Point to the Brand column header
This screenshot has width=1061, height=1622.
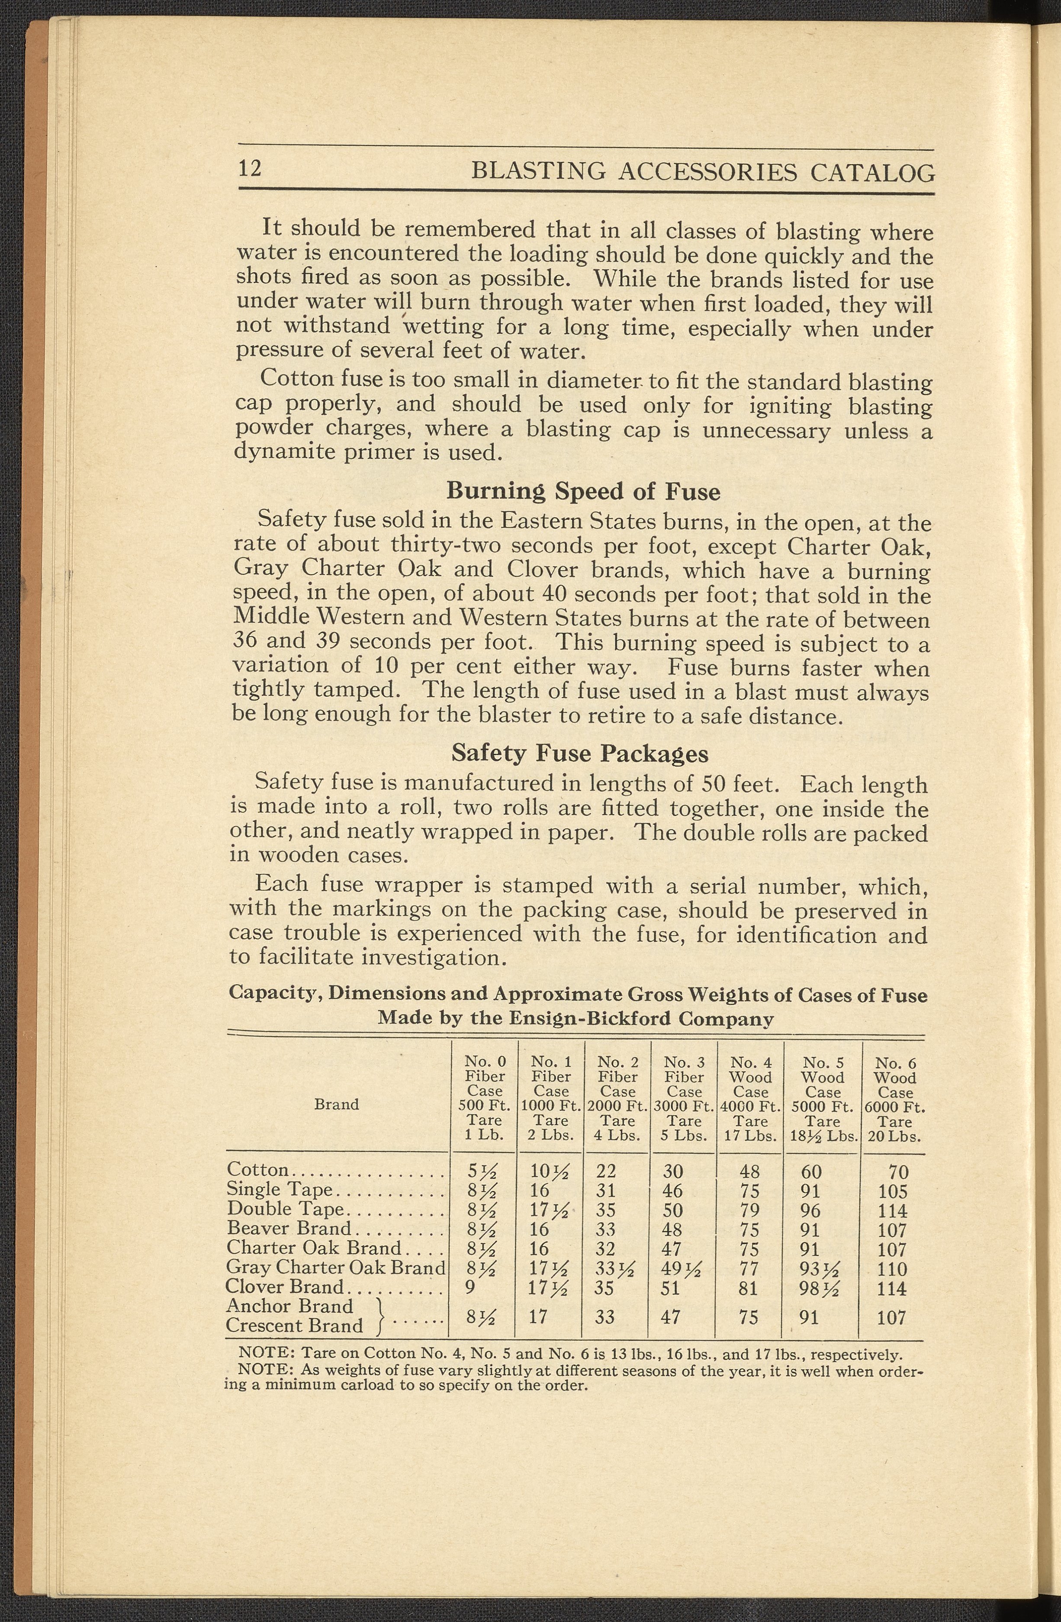pyautogui.click(x=337, y=1104)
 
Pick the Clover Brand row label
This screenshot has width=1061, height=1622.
pyautogui.click(x=285, y=1287)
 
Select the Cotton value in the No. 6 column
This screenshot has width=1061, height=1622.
pyautogui.click(x=898, y=1172)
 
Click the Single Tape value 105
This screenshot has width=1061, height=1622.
pyautogui.click(x=893, y=1191)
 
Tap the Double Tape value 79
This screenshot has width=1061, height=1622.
pyautogui.click(x=749, y=1210)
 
